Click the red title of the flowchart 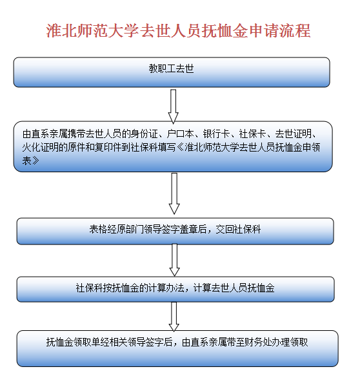pos(178,31)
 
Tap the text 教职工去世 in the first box pos(171,68)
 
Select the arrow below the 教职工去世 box pos(174,106)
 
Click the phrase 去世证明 pos(293,134)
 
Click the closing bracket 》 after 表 pos(35,161)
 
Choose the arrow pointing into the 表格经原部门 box pos(174,193)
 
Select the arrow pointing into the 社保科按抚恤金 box pos(175,260)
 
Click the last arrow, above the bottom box pos(174,317)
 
